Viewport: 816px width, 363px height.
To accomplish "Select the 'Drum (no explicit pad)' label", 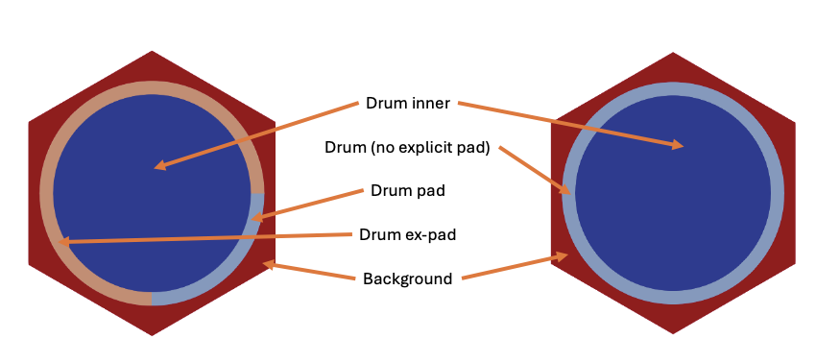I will [x=408, y=148].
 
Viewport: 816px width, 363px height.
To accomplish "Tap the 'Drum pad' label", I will [x=407, y=190].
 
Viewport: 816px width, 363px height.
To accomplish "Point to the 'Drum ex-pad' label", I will [x=406, y=234].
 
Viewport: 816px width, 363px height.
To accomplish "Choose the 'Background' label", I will [x=407, y=279].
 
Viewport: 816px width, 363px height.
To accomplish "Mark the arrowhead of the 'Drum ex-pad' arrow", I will [x=65, y=243].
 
